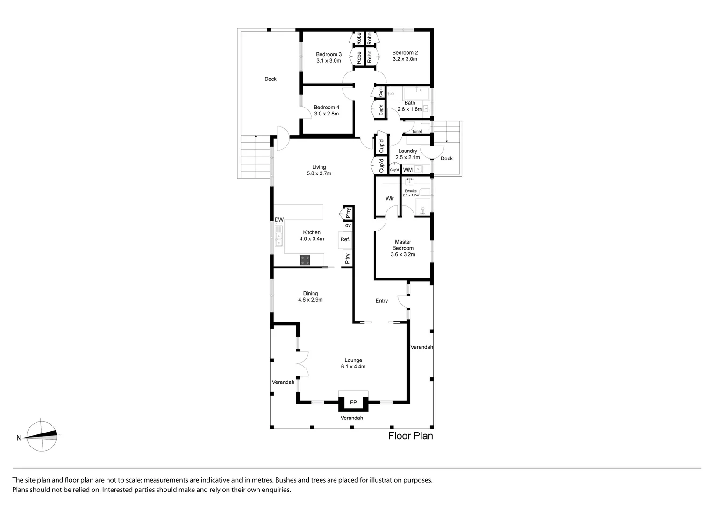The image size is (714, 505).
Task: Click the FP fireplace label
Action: [353, 402]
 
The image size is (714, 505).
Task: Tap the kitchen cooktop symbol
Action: [305, 260]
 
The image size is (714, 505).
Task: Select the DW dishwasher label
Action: [279, 220]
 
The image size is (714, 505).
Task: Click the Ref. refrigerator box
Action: [345, 239]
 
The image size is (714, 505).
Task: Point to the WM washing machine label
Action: [407, 170]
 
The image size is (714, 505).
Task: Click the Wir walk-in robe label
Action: [389, 198]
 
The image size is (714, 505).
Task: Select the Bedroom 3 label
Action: [328, 54]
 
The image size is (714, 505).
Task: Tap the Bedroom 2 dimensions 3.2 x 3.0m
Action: [405, 59]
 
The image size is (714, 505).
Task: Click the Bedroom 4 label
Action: [326, 108]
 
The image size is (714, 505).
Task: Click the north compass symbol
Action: [42, 436]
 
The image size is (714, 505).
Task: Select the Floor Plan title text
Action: [410, 436]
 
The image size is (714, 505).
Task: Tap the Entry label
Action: [381, 301]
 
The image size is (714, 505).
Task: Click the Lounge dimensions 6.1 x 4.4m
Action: [353, 367]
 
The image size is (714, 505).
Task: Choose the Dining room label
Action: [310, 294]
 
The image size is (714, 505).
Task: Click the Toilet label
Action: [417, 132]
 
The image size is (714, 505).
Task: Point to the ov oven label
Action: [348, 225]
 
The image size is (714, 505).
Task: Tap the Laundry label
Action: [407, 151]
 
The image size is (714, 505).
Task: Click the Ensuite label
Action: [411, 191]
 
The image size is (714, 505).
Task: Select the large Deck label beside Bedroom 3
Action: [270, 79]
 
